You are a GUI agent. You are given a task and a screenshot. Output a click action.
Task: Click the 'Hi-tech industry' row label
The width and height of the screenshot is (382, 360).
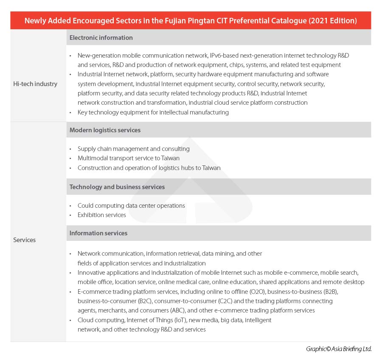35,84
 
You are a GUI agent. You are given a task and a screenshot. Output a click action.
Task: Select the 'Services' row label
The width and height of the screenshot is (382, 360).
25,240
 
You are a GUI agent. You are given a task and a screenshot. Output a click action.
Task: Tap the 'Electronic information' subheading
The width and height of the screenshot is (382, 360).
101,38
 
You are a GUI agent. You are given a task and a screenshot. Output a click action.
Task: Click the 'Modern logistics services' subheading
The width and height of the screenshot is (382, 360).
105,130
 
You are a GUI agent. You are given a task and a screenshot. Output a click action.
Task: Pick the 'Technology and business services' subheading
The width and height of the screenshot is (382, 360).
117,187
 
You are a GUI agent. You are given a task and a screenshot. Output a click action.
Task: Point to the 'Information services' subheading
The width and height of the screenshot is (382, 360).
98,233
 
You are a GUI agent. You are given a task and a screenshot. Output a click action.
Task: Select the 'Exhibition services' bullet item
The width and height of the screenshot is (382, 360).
102,215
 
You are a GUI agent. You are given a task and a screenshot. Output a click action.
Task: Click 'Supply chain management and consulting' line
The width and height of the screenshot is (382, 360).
133,149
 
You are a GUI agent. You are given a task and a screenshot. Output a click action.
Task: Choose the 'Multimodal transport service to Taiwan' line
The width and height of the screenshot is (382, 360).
129,158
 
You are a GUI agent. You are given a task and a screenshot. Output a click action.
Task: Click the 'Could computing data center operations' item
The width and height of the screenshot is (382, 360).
131,206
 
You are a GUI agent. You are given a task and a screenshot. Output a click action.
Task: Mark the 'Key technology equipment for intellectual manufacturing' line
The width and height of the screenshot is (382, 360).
153,112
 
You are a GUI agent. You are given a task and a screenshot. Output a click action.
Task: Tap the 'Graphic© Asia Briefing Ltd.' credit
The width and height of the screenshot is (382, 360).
339,349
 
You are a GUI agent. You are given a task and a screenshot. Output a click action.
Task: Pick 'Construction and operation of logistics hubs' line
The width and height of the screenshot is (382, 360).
149,168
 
